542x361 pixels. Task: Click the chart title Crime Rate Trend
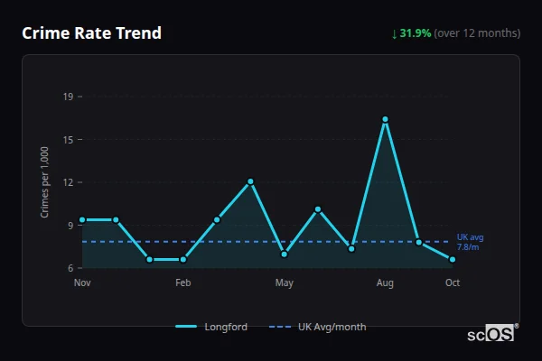click(91, 33)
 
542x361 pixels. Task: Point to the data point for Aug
click(385, 119)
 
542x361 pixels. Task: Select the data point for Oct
click(453, 259)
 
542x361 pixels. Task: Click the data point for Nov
click(82, 219)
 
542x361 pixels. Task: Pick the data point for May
click(285, 255)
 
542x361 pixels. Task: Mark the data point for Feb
click(183, 259)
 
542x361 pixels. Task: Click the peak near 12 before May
click(250, 181)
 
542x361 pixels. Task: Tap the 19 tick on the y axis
click(68, 96)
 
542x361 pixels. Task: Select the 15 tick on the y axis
click(68, 139)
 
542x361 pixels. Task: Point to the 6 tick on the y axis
click(70, 268)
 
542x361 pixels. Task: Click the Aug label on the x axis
click(385, 283)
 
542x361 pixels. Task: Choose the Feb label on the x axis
click(183, 283)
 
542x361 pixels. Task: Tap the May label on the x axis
click(285, 283)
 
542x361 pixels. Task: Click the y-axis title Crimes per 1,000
click(45, 181)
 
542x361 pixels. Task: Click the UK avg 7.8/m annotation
click(470, 242)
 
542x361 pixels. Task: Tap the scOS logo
click(492, 334)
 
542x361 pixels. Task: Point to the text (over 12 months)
click(477, 33)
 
